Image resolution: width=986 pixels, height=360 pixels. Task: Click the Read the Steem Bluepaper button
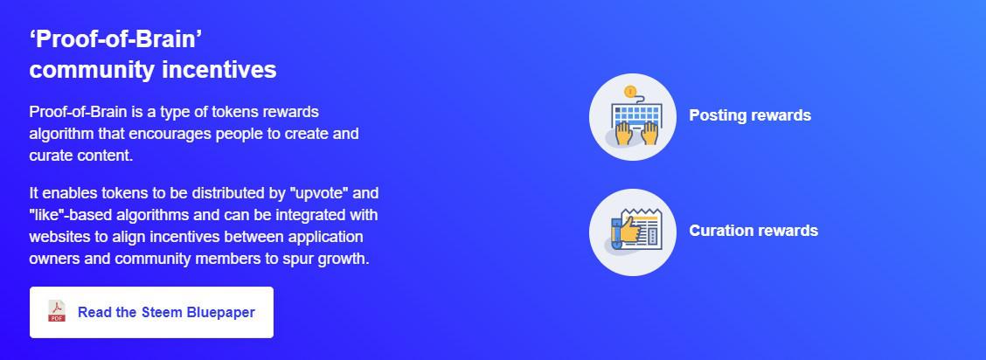click(151, 312)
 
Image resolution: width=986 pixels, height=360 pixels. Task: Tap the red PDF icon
click(57, 311)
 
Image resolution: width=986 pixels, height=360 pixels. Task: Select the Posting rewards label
click(750, 115)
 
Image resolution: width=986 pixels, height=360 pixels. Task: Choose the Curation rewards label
click(753, 231)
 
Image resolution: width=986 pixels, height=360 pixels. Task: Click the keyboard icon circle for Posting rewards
click(633, 117)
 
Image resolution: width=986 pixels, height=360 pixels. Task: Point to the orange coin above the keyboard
click(631, 91)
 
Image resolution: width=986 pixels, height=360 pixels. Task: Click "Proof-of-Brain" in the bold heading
click(115, 39)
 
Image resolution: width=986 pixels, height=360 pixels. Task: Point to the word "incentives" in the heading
click(219, 70)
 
